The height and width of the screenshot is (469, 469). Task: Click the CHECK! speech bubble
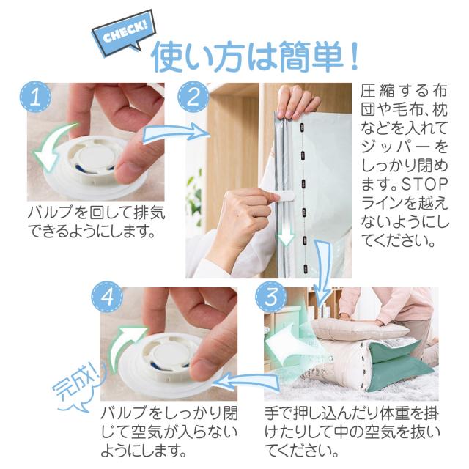[124, 33]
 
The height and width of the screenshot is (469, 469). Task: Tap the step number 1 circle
[36, 97]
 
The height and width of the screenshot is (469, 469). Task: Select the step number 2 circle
[193, 97]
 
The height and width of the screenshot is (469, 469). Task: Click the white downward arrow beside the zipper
[287, 233]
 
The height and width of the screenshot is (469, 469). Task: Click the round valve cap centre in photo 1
[95, 155]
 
